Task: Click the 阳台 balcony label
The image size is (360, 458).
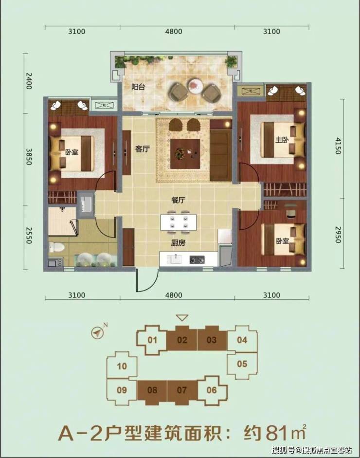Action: pos(138,87)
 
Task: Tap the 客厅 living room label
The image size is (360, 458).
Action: pos(143,149)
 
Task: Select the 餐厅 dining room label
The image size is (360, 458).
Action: pos(178,201)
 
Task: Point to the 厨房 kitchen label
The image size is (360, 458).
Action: pos(178,243)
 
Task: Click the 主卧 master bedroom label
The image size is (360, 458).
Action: pos(282,140)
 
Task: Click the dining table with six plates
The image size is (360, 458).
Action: pos(178,222)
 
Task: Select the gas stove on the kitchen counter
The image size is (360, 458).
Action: pos(197,259)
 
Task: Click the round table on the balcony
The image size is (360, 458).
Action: pos(196,86)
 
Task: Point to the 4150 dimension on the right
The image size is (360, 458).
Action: pos(338,146)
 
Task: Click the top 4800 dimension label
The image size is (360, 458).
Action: pos(174,31)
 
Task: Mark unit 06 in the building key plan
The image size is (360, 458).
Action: pos(212,390)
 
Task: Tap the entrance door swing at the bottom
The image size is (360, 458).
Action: pos(147,280)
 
